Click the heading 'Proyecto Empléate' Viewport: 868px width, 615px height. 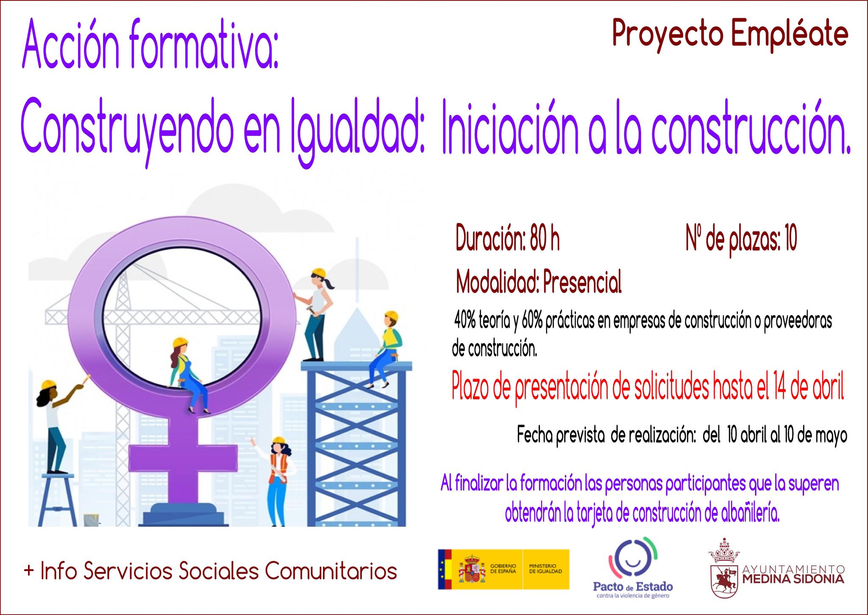tap(730, 35)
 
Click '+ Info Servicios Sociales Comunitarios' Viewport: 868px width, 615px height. tap(211, 571)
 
